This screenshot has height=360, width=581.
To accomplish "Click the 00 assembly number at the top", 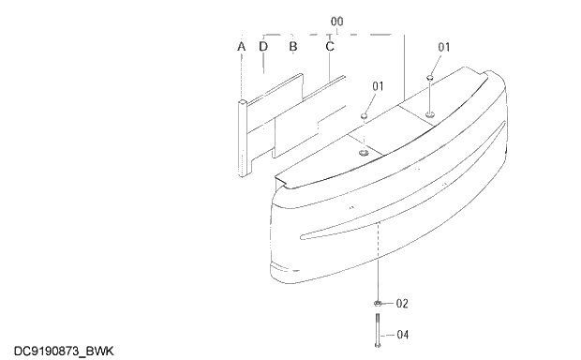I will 337,20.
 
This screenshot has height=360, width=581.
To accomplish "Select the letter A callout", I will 241,46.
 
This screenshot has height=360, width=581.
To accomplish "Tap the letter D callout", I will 263,46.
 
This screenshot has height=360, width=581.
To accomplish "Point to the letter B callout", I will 292,46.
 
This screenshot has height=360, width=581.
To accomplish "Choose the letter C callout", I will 330,46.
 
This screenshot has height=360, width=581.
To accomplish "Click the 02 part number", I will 403,304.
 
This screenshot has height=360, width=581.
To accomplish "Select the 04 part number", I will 403,334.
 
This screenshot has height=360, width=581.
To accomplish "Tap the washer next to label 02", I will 377,304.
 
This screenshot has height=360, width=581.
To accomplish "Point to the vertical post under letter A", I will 243,136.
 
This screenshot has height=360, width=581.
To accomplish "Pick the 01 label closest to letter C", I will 378,86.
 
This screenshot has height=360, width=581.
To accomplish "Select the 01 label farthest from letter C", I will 444,47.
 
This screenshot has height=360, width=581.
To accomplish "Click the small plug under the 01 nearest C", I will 364,118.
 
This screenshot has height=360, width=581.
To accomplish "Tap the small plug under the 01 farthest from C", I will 429,79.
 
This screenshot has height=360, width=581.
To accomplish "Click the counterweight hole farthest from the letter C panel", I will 429,114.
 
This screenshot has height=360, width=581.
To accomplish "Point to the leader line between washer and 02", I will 388,304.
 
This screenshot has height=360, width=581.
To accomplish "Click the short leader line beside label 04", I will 388,334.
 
